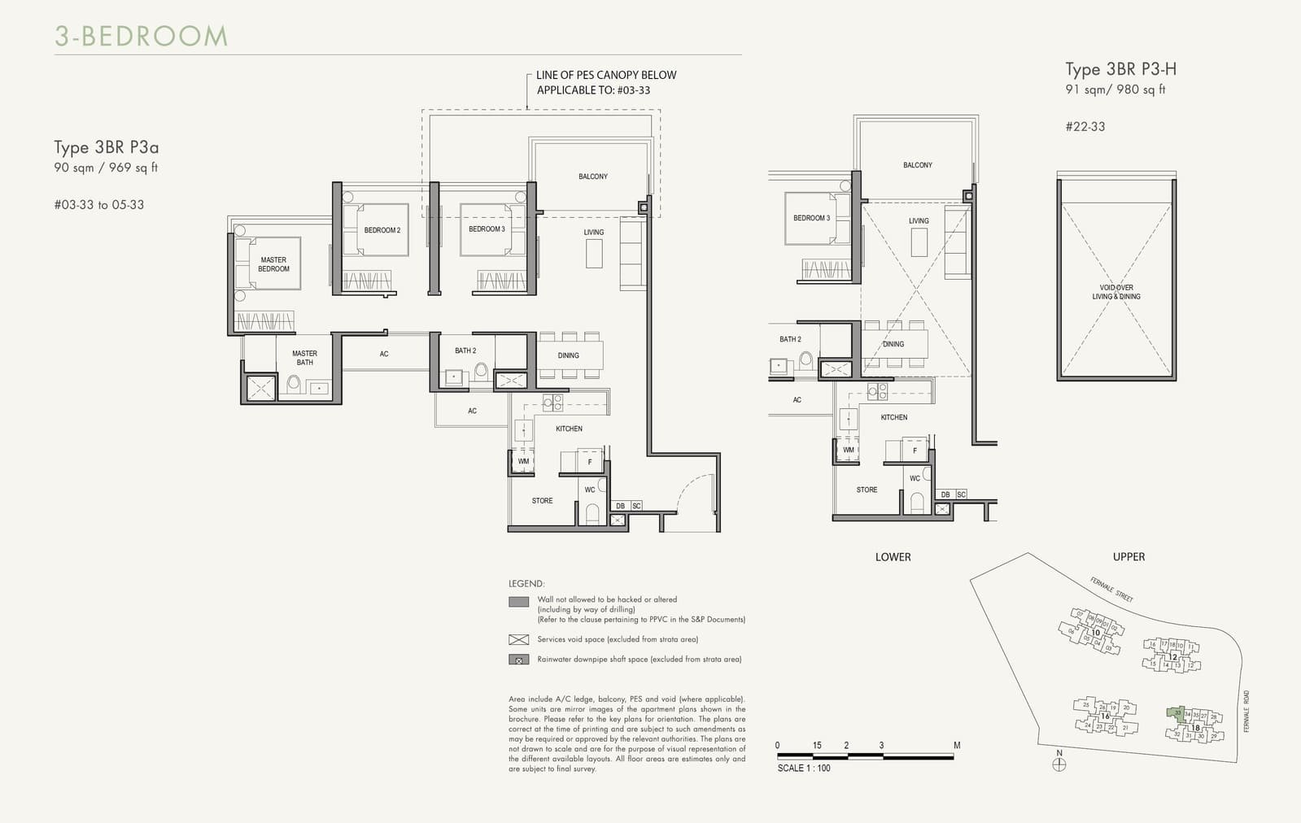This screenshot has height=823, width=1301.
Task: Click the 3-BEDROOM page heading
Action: coord(141,36)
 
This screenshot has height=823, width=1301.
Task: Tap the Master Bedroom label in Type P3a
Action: coord(273,264)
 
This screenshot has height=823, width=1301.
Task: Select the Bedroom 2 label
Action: coord(382,230)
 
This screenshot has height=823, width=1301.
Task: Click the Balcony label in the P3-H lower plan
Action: coord(917,165)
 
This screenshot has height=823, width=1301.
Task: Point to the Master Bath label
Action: coord(304,358)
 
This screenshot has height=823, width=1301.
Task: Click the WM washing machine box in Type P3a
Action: coord(523,461)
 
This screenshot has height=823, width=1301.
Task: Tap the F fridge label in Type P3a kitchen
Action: coord(590,462)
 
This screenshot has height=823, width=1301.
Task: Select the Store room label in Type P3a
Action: coord(542,501)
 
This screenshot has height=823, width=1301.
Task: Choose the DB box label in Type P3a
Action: coord(620,506)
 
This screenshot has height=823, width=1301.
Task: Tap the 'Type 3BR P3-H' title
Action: coord(1120,69)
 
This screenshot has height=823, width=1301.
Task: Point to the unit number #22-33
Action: coord(1085,127)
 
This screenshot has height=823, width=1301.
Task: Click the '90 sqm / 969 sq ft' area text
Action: coord(106,168)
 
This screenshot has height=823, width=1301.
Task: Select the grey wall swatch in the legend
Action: coord(518,603)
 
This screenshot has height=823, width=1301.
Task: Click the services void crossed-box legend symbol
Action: coord(518,639)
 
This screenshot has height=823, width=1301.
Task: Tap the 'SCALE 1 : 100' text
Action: coord(804,768)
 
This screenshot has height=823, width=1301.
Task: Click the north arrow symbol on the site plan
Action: coord(1059,764)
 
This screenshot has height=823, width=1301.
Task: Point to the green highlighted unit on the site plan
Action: coord(1177,714)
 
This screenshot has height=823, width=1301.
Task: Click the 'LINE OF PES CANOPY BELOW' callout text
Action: coord(606,75)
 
